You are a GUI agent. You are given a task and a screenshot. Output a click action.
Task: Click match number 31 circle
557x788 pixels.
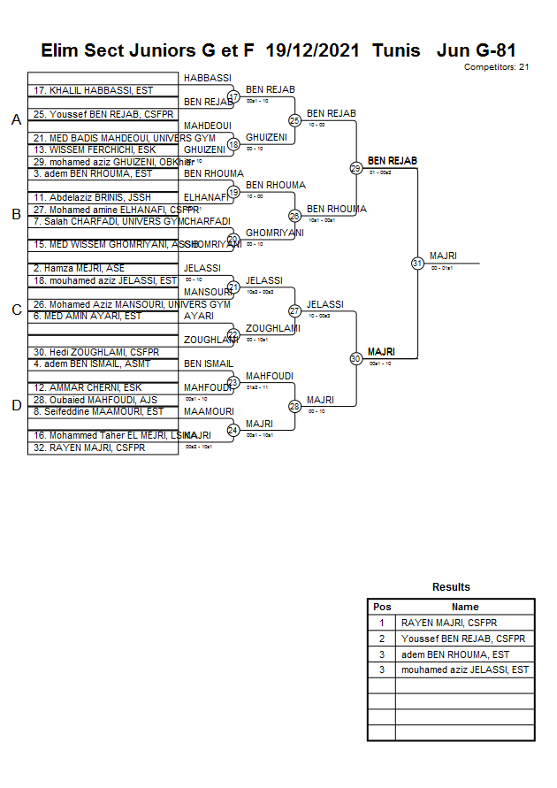[x=417, y=263]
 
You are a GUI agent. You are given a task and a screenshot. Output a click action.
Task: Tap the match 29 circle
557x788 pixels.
[x=355, y=168]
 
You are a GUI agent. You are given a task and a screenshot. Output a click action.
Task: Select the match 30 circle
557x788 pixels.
[x=355, y=358]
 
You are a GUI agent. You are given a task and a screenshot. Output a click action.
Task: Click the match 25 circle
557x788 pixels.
[x=294, y=120]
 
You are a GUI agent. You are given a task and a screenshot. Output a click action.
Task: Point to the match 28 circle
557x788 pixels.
[x=294, y=407]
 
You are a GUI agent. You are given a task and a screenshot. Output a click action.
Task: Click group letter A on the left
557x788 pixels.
[x=16, y=120]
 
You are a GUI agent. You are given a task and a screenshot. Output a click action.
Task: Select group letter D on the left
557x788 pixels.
[x=16, y=406]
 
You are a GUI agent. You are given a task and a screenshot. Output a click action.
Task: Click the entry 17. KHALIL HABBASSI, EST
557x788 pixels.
[x=93, y=90]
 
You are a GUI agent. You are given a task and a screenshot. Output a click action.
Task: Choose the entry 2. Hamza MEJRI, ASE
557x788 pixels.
[x=79, y=268]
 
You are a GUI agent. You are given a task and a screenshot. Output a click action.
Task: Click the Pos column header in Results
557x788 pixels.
[x=382, y=607]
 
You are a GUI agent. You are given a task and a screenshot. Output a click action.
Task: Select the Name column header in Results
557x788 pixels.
[x=465, y=607]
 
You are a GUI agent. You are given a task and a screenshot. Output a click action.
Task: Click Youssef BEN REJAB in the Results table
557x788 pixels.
[x=463, y=639]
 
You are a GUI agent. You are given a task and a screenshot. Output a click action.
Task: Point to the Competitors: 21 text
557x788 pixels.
[x=496, y=67]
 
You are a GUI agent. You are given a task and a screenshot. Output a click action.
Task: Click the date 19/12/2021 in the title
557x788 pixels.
[x=313, y=50]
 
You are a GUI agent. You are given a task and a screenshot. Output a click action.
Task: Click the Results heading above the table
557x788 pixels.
[x=451, y=587]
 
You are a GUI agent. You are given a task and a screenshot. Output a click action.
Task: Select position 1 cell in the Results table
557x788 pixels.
[x=382, y=623]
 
